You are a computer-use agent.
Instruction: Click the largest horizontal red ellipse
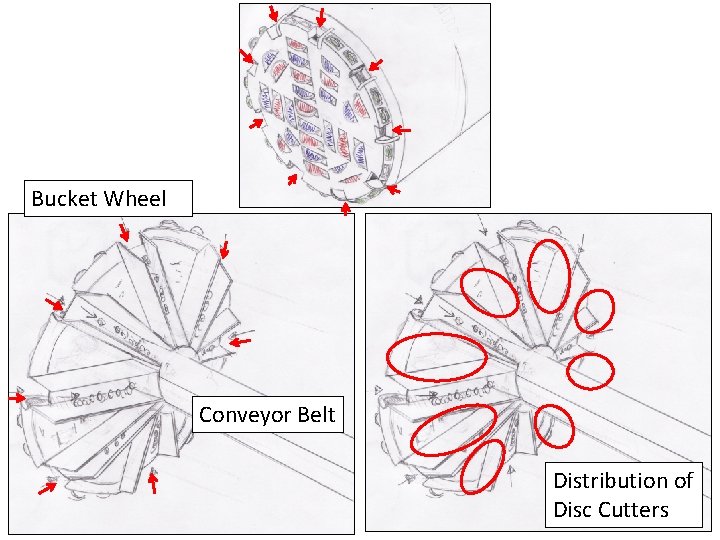coord(436,355)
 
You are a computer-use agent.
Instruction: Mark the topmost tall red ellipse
coord(549,275)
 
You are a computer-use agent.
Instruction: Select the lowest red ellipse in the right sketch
coord(482,466)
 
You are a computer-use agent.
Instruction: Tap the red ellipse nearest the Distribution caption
coord(554,426)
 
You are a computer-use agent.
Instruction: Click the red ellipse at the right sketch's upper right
coord(594,310)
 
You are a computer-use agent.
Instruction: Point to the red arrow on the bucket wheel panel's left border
coord(16,397)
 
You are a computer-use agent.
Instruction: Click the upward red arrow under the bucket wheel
coord(153,483)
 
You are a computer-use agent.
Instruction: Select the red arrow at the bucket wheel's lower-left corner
coord(47,488)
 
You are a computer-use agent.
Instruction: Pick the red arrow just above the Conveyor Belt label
coord(240,343)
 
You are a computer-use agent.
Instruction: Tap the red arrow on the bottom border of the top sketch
coord(346,209)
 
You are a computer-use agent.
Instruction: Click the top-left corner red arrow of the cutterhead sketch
coord(273,13)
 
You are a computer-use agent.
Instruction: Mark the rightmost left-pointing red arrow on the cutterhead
coord(401,130)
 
